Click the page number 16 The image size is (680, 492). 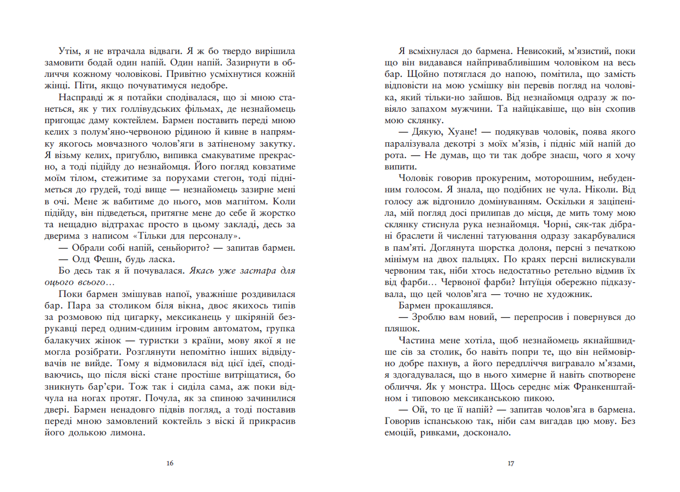click(169, 464)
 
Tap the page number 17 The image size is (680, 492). click(510, 464)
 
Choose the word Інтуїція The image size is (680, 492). click(552, 283)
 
